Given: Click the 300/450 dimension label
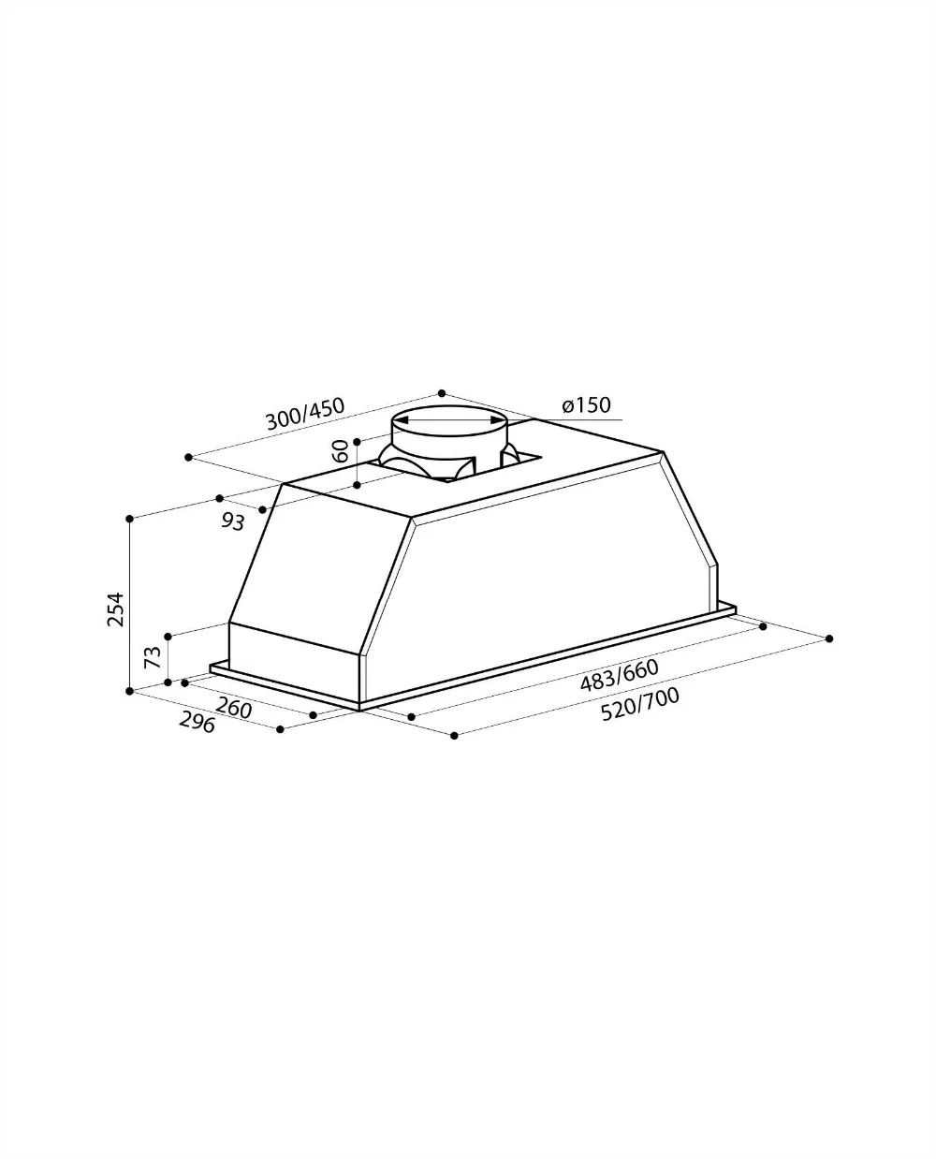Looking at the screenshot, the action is (305, 414).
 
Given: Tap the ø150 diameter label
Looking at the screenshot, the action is (586, 404).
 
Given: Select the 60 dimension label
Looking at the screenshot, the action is (341, 451).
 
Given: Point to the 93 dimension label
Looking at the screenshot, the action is (233, 522).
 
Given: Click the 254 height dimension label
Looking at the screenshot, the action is (116, 609).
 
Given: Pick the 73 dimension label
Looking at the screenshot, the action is (153, 657).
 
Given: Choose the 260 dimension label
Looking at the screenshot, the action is (234, 709).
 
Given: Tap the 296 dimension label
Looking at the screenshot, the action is (197, 723).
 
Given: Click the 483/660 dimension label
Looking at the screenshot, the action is (619, 676).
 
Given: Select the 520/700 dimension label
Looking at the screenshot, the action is (639, 704).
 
